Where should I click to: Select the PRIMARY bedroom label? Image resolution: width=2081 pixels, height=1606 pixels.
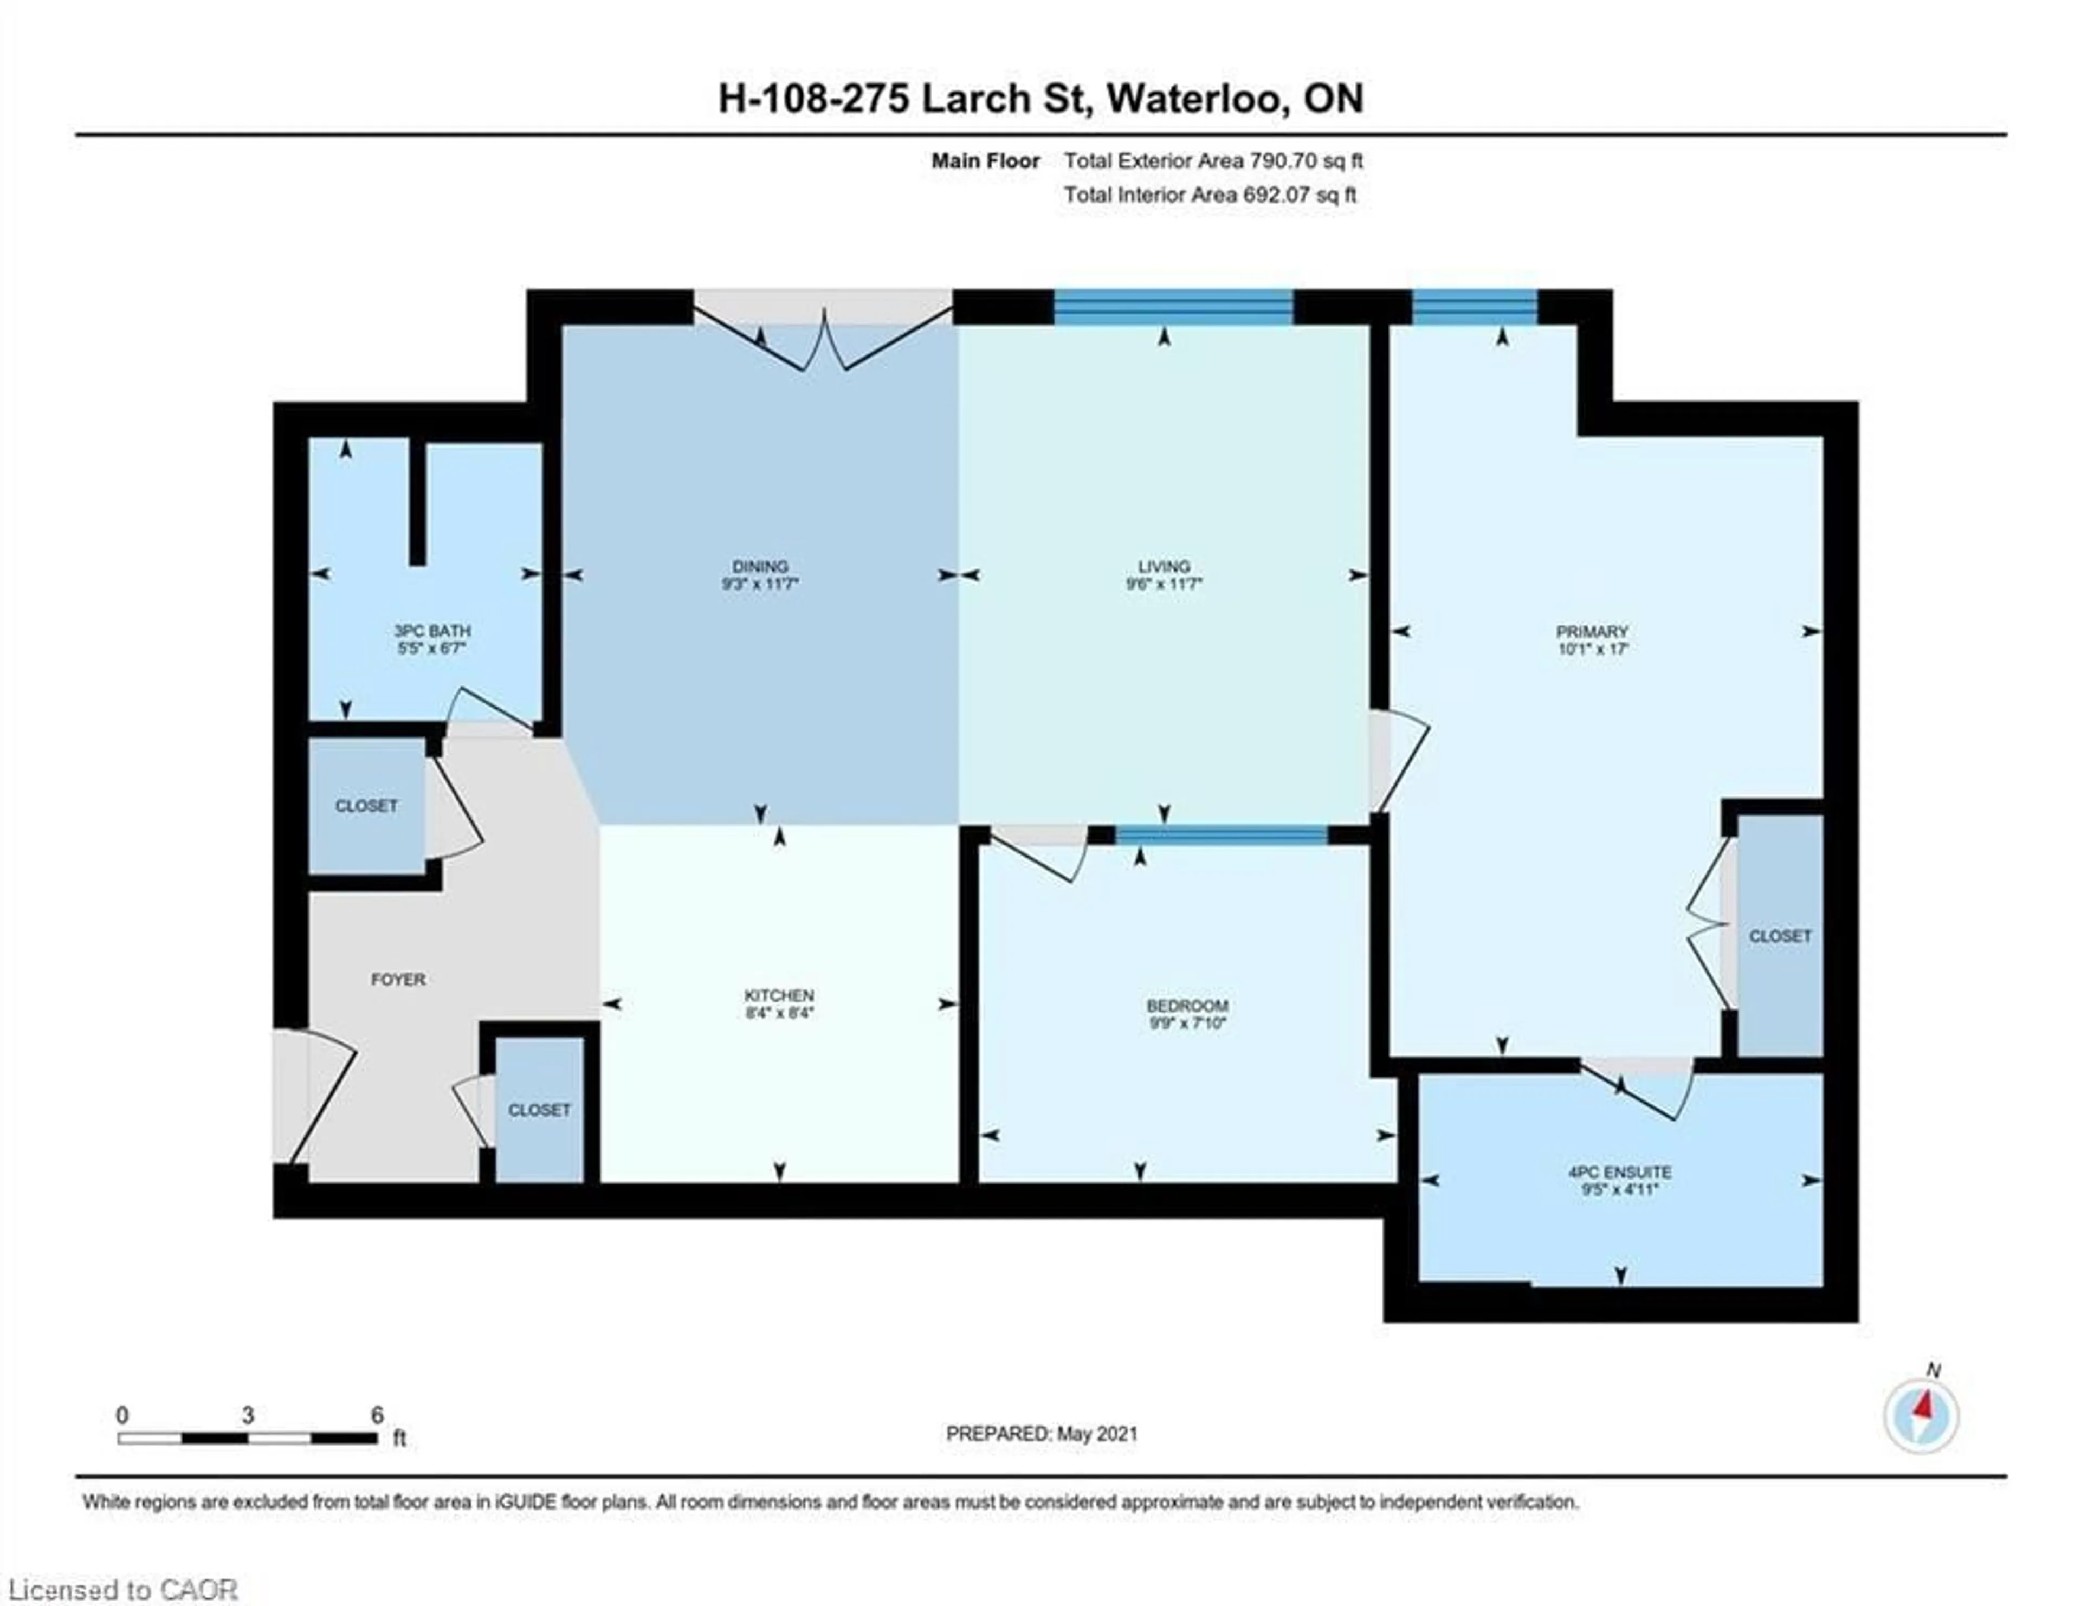point(1592,632)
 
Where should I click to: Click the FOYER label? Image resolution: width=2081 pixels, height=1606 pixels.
point(398,979)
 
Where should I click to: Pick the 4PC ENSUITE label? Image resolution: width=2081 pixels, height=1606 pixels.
point(1620,1173)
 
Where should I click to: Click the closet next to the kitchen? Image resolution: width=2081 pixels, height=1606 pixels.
point(539,1110)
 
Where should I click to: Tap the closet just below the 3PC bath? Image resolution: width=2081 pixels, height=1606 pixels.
point(367,806)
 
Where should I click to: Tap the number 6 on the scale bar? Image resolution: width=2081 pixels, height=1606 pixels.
point(377,1415)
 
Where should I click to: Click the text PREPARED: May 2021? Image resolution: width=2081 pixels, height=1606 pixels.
point(1042,1434)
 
